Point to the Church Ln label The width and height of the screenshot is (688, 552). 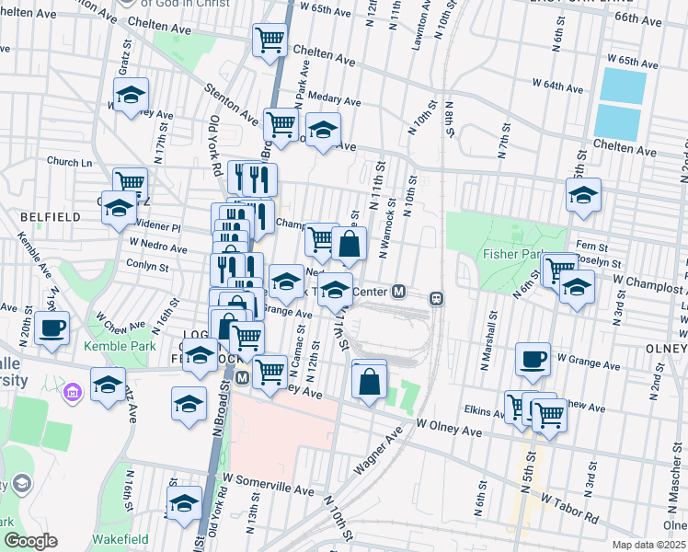pos(70,162)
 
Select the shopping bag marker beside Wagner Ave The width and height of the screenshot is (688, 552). pos(369,379)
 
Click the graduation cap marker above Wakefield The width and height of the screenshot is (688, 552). pos(184,502)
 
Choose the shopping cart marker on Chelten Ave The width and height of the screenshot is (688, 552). pos(269,40)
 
